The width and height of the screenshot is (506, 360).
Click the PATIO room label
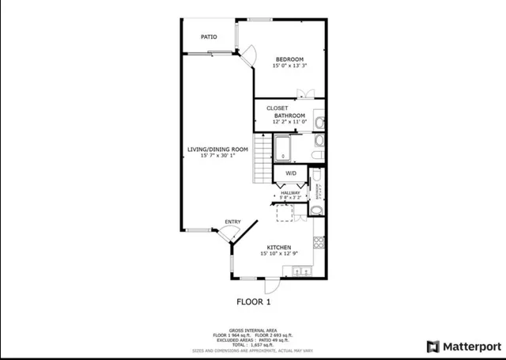[x=209, y=36]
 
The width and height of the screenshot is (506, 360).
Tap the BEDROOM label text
[x=289, y=59]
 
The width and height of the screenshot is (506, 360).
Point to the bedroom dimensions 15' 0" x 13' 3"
[x=289, y=66]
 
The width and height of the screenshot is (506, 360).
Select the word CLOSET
[x=277, y=108]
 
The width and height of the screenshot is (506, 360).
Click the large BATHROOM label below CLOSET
[x=289, y=116]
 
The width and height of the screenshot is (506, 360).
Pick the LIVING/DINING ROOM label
[x=217, y=150]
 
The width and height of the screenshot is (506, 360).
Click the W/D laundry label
[x=290, y=173]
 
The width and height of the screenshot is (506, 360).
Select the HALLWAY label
[x=290, y=192]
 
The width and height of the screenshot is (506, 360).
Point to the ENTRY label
[x=232, y=222]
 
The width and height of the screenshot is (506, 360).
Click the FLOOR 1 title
[x=254, y=301]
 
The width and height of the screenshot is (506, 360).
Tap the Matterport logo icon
[x=432, y=346]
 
